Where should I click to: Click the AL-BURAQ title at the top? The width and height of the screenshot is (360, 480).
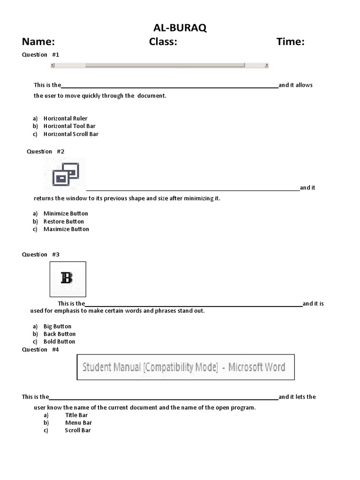(180, 29)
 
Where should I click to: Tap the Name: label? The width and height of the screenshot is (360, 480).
(39, 42)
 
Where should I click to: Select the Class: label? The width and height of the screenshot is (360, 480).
(163, 42)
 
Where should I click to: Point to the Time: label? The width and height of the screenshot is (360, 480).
(290, 42)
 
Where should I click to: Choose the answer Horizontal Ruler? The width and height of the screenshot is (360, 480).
(65, 119)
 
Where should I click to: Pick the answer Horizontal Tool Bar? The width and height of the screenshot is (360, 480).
(69, 126)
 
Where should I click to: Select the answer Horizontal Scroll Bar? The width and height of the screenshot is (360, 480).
(71, 134)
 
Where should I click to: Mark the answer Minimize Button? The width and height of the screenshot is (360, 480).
(66, 214)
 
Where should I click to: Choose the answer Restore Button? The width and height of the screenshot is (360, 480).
(64, 222)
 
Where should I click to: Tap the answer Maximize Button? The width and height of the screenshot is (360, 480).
(66, 229)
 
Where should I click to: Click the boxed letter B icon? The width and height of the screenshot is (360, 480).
(67, 278)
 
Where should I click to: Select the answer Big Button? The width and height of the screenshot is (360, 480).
(57, 326)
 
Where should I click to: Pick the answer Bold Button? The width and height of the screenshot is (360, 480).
(59, 342)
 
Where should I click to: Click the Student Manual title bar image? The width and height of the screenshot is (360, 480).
(185, 367)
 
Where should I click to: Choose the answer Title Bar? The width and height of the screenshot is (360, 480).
(76, 415)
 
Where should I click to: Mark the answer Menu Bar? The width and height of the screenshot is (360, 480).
(78, 423)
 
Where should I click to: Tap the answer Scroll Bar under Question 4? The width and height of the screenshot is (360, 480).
(78, 430)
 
